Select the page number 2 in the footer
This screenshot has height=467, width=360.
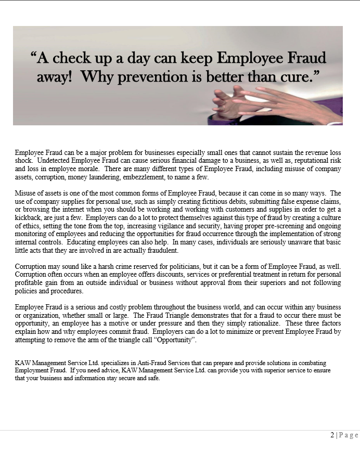pos(332,435)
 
